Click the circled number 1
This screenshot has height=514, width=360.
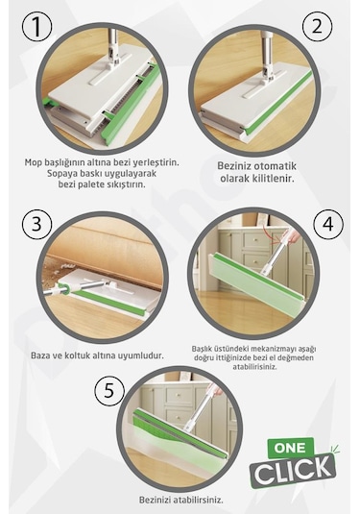(36, 27)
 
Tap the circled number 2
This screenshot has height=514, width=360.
(317, 27)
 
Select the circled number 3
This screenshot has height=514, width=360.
(36, 225)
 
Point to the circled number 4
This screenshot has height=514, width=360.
(328, 225)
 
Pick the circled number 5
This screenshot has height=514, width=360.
(109, 391)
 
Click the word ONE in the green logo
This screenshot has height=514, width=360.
(290, 448)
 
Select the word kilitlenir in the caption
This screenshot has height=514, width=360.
(274, 179)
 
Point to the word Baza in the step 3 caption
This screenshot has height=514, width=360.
(40, 355)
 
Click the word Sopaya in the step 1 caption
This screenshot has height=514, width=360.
(60, 173)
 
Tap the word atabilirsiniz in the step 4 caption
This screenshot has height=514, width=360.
(254, 366)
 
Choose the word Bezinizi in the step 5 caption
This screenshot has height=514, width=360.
(155, 501)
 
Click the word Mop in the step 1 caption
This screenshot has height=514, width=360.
(32, 162)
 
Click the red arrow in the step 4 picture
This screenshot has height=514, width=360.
(269, 231)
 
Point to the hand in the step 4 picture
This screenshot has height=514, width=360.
(294, 234)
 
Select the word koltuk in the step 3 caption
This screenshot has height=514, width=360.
(70, 355)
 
